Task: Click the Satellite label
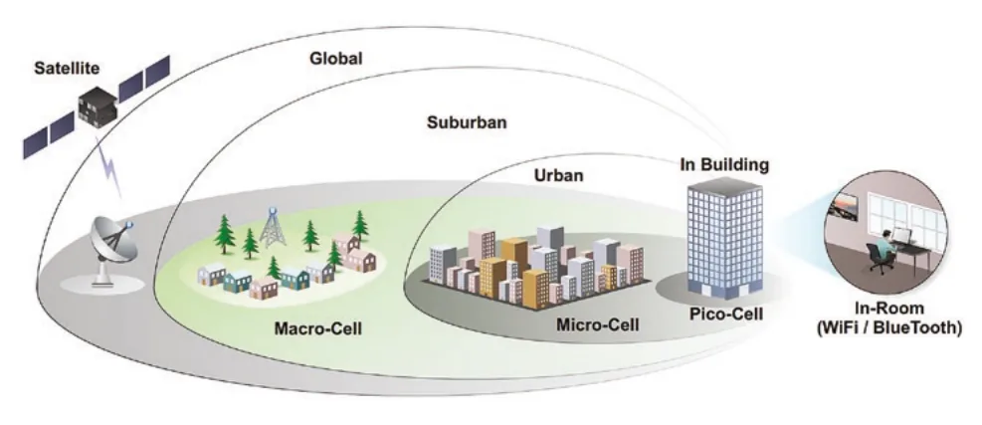pyautogui.click(x=67, y=68)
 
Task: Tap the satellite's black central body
pyautogui.click(x=98, y=107)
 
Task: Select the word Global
pyautogui.click(x=335, y=59)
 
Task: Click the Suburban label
pyautogui.click(x=467, y=122)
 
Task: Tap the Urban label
pyautogui.click(x=558, y=175)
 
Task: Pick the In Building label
pyautogui.click(x=724, y=165)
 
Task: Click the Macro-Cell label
pyautogui.click(x=318, y=328)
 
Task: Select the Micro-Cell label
pyautogui.click(x=598, y=324)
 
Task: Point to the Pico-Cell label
pyautogui.click(x=726, y=314)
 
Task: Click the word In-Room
pyautogui.click(x=889, y=309)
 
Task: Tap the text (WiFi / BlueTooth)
pyautogui.click(x=889, y=327)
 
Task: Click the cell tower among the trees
pyautogui.click(x=273, y=227)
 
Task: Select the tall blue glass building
pyautogui.click(x=725, y=237)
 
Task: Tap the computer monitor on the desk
pyautogui.click(x=902, y=236)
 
